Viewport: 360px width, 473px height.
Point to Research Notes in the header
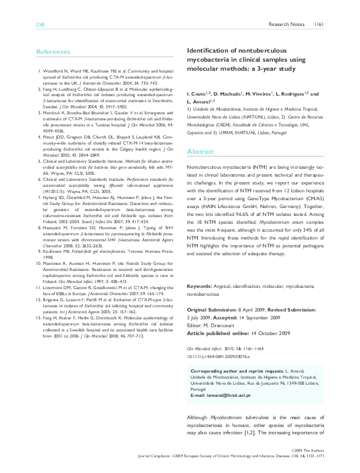tap(287, 25)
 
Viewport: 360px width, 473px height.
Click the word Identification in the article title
tap(208, 52)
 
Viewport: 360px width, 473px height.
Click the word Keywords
tap(199, 285)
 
